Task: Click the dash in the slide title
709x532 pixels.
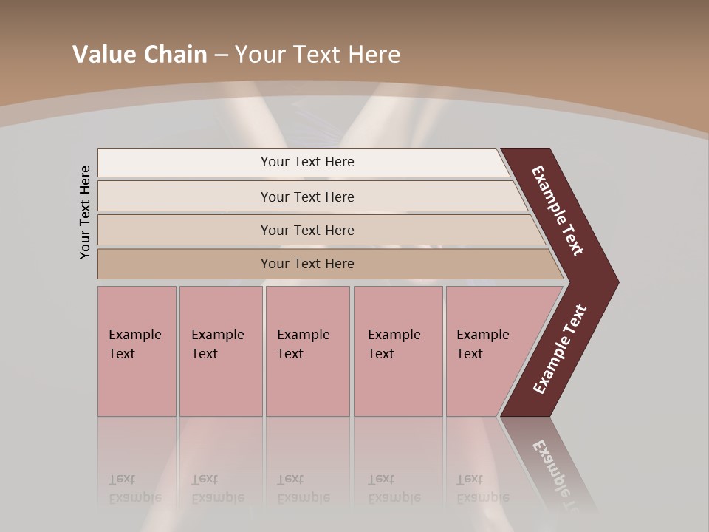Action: point(221,55)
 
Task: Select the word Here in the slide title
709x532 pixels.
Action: point(374,54)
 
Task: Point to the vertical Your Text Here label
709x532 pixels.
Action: point(85,212)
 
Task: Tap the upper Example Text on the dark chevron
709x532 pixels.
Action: point(558,211)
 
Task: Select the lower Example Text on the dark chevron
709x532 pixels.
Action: point(560,349)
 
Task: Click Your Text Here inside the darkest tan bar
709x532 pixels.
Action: point(307,264)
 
